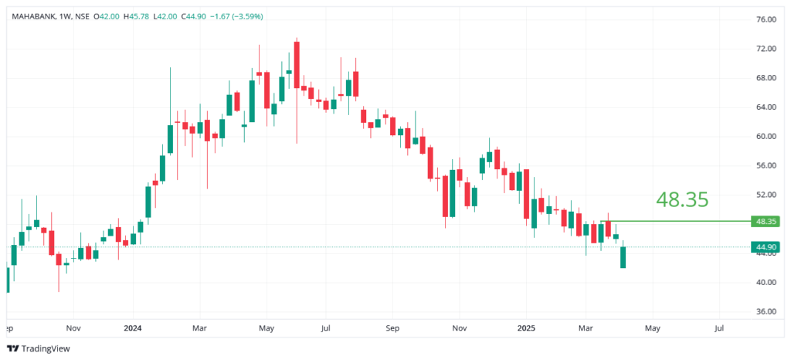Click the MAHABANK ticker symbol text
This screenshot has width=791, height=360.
[33, 15]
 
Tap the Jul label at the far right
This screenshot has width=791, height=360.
[719, 327]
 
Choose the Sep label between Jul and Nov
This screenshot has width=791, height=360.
[392, 327]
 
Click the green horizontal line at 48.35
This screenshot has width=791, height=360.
[680, 222]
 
